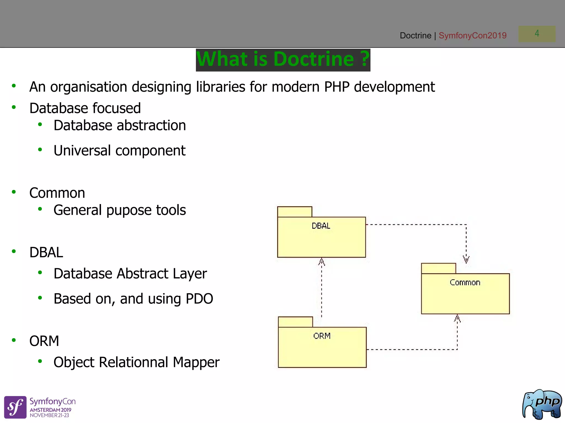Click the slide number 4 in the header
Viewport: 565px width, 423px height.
(537, 34)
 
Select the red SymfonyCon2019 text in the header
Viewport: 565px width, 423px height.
(472, 36)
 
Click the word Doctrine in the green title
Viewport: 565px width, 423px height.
(314, 59)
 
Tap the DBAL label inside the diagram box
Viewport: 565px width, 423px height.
(321, 226)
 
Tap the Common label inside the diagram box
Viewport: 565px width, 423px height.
(465, 283)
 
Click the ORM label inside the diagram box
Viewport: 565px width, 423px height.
(322, 336)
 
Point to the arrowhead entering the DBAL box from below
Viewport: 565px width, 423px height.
(321, 262)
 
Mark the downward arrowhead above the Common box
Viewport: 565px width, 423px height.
(466, 259)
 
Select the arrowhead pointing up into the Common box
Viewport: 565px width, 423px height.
(457, 318)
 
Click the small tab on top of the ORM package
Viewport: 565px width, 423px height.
(295, 322)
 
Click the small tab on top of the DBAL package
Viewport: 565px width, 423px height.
(294, 212)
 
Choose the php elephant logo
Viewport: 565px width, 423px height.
(542, 404)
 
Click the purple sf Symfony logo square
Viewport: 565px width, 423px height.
(15, 407)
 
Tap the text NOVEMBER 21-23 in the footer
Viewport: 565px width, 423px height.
(49, 415)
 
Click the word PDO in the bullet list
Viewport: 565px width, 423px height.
(199, 299)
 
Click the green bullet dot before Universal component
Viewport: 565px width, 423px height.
(40, 150)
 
